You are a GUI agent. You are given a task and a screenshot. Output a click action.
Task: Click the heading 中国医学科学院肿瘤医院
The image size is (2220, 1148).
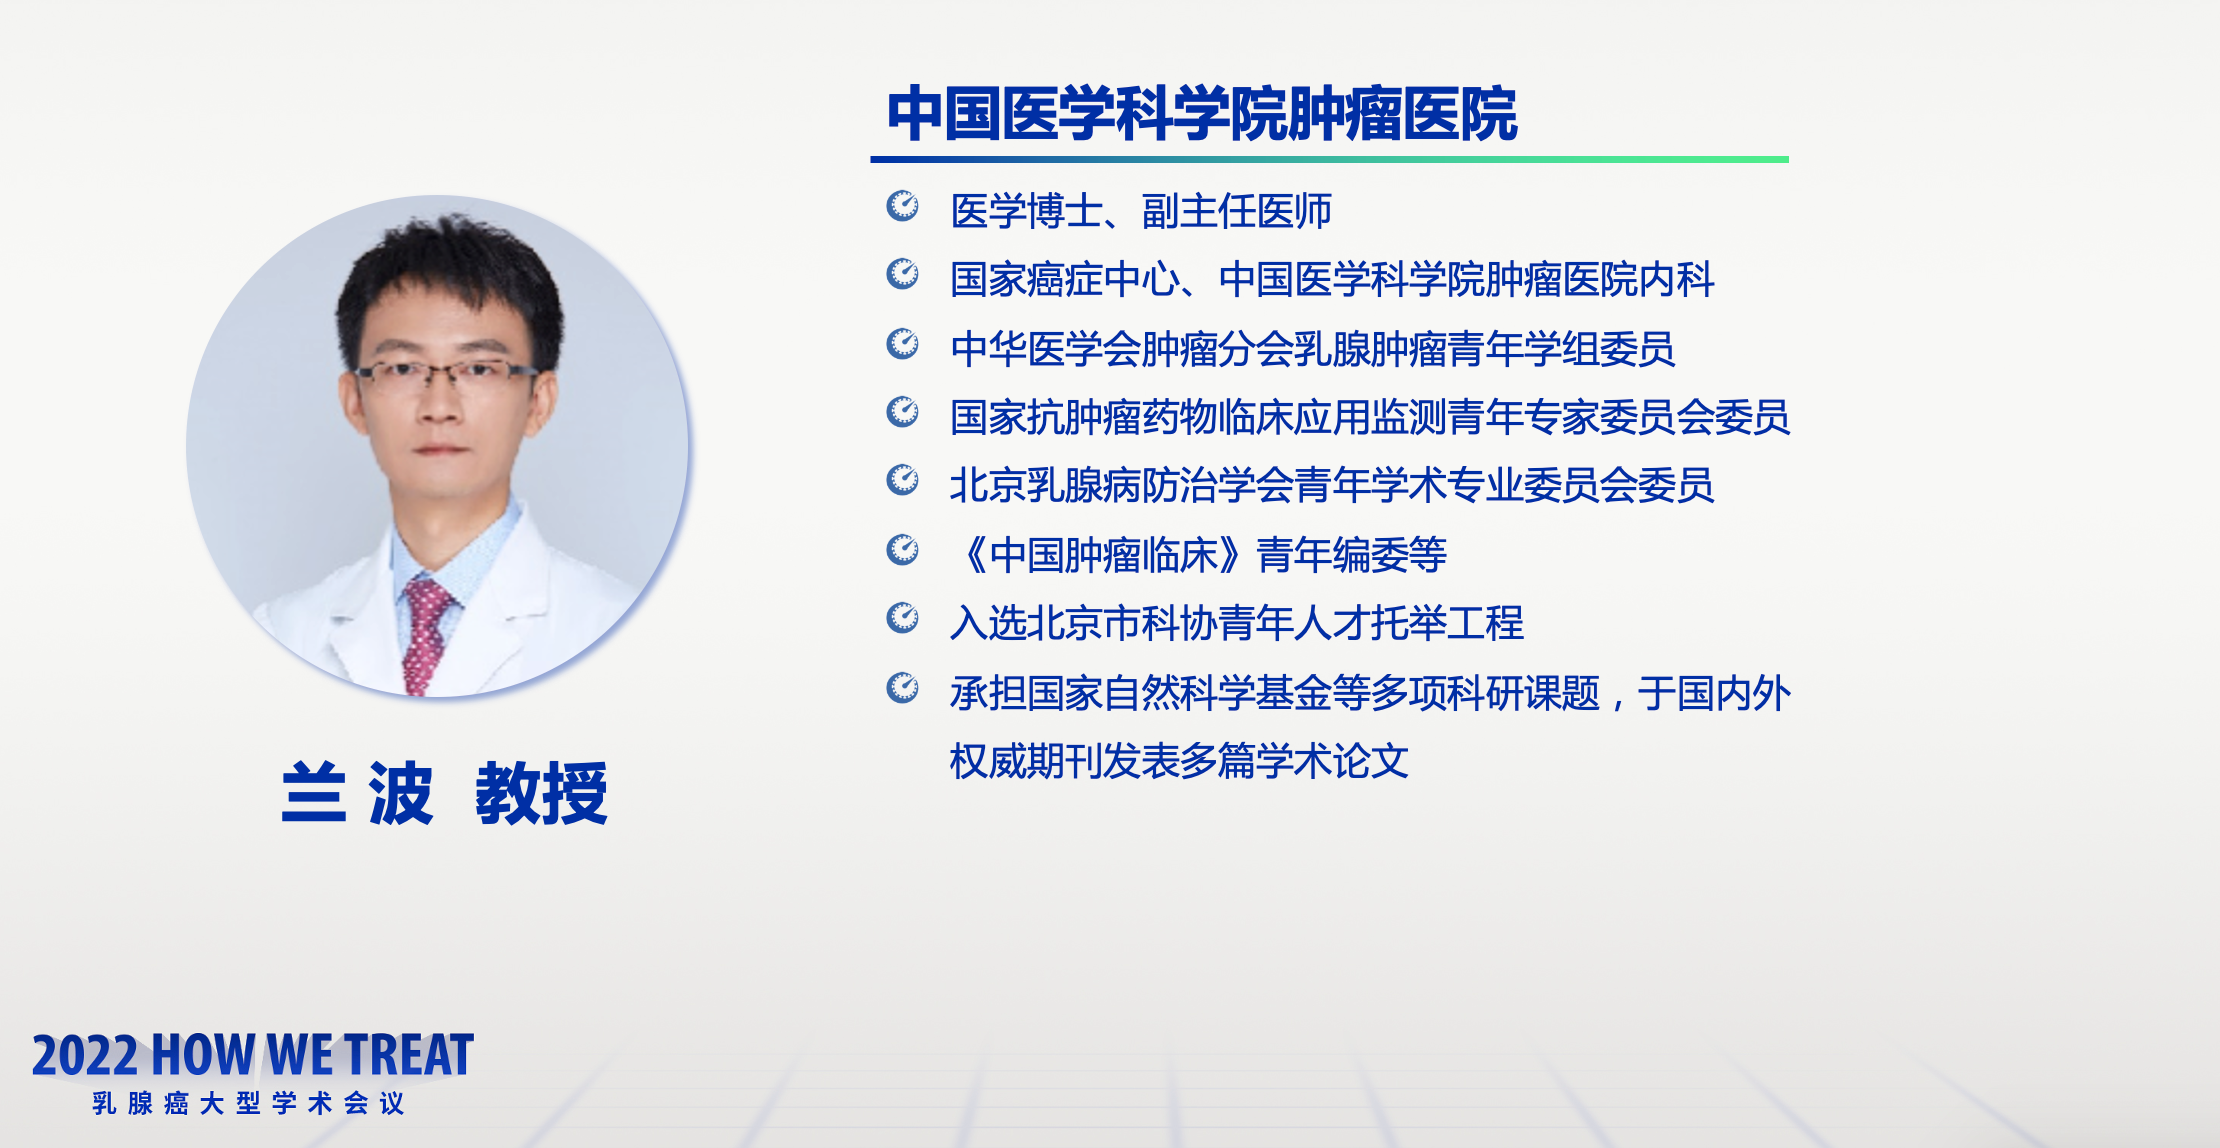[1202, 114]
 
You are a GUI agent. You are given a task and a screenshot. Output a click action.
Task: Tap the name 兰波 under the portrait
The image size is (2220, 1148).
[358, 793]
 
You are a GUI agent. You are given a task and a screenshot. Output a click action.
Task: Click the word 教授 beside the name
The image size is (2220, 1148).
[541, 793]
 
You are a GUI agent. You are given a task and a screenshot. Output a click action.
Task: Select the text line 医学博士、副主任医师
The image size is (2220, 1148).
[1141, 211]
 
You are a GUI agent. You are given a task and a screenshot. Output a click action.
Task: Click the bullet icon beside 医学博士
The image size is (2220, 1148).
[903, 205]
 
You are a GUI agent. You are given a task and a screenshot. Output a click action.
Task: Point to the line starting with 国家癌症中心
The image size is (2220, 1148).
[1332, 279]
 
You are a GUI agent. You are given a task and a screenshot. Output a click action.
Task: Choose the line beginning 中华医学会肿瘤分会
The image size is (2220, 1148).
[1313, 349]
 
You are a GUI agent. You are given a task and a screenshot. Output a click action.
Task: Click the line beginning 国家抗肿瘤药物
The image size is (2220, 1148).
[1370, 417]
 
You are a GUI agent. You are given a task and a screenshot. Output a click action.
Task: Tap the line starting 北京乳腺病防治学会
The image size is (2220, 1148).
[1332, 486]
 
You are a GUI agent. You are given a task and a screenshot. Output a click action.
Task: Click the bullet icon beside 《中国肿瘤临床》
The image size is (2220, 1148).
[903, 549]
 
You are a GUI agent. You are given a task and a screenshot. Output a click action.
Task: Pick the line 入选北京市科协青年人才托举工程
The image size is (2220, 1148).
[1237, 623]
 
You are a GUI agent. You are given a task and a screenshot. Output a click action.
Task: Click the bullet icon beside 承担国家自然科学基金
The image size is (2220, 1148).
[903, 687]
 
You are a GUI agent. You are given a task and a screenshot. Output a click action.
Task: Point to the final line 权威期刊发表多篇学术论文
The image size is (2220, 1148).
[1180, 761]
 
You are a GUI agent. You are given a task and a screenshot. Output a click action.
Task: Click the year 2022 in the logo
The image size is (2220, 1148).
[85, 1056]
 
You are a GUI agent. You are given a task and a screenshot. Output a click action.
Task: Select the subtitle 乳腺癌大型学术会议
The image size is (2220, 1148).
[248, 1103]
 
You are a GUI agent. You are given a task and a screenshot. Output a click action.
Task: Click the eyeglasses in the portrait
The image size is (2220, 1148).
[446, 374]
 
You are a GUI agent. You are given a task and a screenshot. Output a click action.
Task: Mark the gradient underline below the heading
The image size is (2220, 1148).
[1329, 159]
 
